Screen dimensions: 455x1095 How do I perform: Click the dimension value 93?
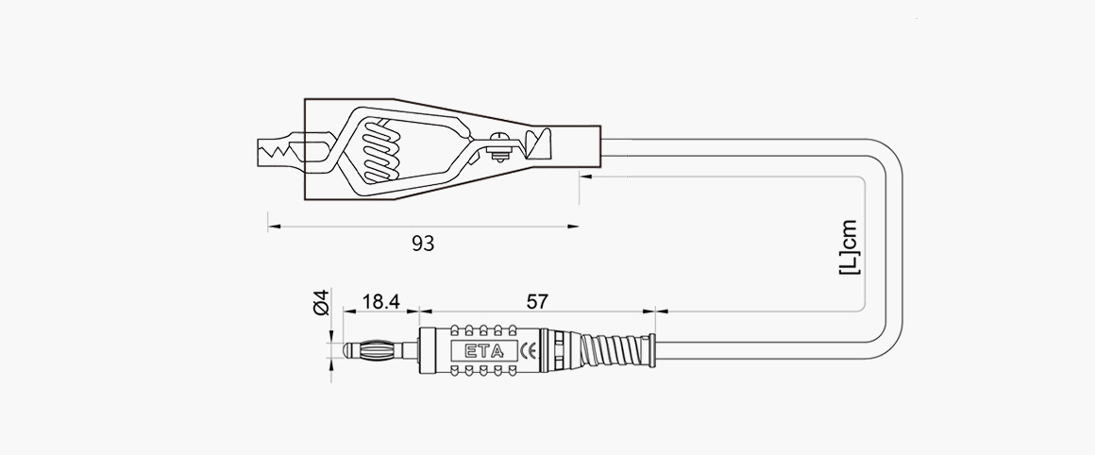[423, 244]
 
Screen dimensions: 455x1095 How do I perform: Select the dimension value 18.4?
[381, 302]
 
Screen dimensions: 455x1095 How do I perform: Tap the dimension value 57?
[537, 302]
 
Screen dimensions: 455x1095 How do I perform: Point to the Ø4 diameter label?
[320, 303]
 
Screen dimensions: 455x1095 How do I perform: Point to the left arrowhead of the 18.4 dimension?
[343, 310]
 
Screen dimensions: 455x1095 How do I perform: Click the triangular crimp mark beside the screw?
[539, 143]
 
